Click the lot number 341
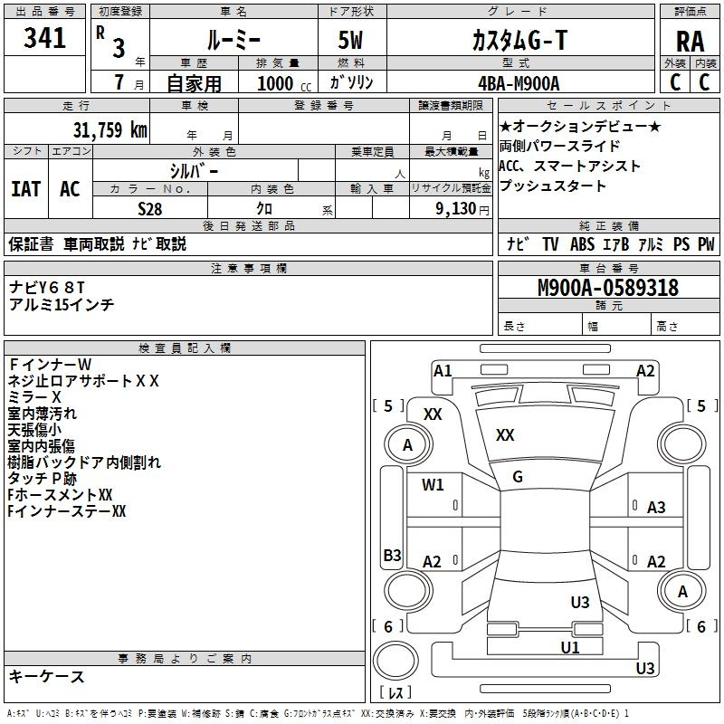pos(44,38)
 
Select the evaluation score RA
pos(690,42)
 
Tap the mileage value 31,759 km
pos(110,129)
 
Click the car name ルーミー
pos(233,40)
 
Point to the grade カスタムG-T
pos(519,40)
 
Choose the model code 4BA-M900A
pos(519,83)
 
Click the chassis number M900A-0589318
pos(608,288)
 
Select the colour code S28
pos(150,209)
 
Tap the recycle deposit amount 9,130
pos(456,209)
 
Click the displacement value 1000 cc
pos(284,83)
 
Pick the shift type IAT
pos(26,189)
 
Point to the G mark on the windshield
pos(518,477)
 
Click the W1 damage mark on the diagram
pos(433,485)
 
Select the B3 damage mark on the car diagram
pos(393,555)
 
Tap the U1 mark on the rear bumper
pos(570,647)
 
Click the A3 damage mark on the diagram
pos(656,508)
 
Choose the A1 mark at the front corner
pos(443,371)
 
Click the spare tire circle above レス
pos(395,660)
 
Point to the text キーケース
pos(47,676)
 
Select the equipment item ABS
pos(582,243)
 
